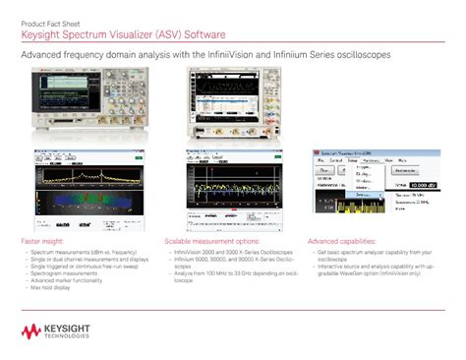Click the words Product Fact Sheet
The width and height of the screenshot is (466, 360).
point(45,21)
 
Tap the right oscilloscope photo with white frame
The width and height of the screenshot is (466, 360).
point(232,106)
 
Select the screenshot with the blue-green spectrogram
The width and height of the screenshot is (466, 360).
point(85,187)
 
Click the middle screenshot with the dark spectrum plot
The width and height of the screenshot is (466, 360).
point(232,187)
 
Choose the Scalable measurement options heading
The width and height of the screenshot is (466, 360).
point(211,241)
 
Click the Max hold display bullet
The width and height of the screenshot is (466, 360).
point(50,287)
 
